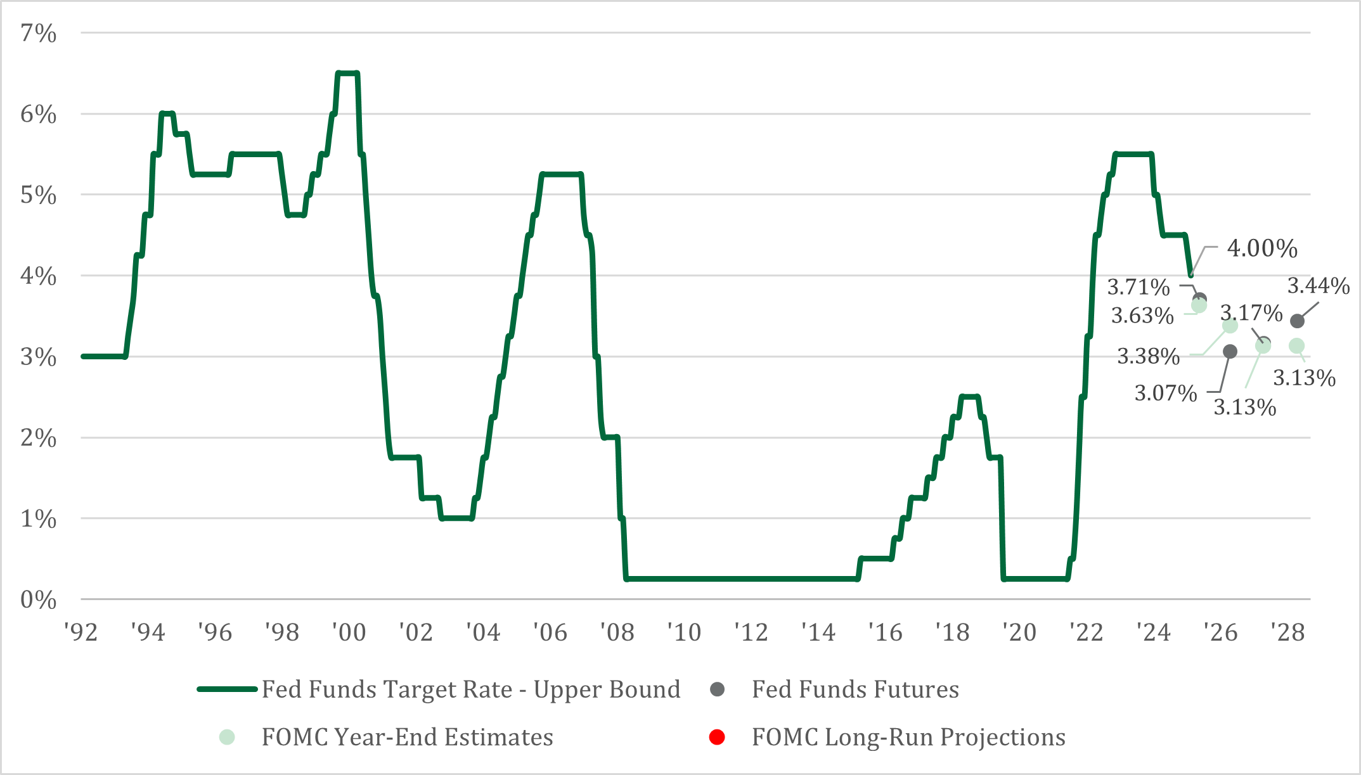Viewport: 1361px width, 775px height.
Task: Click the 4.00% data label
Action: pyautogui.click(x=1261, y=248)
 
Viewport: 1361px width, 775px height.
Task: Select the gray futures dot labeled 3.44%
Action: pyautogui.click(x=1297, y=321)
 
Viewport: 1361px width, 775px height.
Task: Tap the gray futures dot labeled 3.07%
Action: pyautogui.click(x=1230, y=352)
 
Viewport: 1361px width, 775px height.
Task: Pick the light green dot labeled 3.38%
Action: pyautogui.click(x=1230, y=326)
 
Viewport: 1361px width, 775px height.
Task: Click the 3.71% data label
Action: pyautogui.click(x=1138, y=287)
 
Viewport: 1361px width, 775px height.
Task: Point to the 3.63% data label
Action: pyautogui.click(x=1142, y=315)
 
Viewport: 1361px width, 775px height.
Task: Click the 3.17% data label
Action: pyautogui.click(x=1251, y=313)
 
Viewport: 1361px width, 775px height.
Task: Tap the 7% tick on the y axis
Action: pyautogui.click(x=38, y=33)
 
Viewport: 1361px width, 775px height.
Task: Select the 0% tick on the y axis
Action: pyautogui.click(x=38, y=599)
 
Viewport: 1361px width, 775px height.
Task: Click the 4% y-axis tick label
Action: pyautogui.click(x=38, y=276)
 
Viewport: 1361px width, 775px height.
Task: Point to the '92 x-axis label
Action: pyautogui.click(x=81, y=632)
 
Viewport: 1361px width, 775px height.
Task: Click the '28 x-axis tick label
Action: pyautogui.click(x=1287, y=632)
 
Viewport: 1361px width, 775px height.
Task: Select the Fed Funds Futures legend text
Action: pyautogui.click(x=855, y=689)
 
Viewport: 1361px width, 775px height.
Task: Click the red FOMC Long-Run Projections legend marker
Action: pyautogui.click(x=717, y=738)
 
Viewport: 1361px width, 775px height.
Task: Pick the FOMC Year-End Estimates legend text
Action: pyautogui.click(x=407, y=738)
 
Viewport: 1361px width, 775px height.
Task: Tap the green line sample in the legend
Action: pyautogui.click(x=227, y=689)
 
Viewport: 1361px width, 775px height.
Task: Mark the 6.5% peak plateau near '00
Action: pyautogui.click(x=347, y=74)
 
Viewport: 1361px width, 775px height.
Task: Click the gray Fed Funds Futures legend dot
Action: pyautogui.click(x=717, y=689)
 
